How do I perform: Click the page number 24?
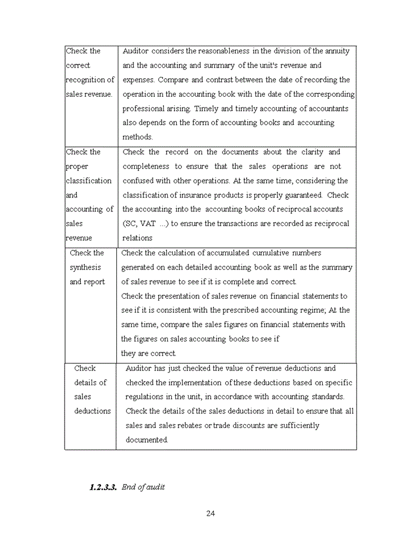pos(211,513)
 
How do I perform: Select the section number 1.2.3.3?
pos(103,487)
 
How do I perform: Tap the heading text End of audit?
pos(143,487)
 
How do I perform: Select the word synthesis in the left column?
pos(85,267)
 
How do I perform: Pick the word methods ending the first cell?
pos(138,137)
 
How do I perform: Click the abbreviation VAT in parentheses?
pos(148,223)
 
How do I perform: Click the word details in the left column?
pos(90,382)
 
